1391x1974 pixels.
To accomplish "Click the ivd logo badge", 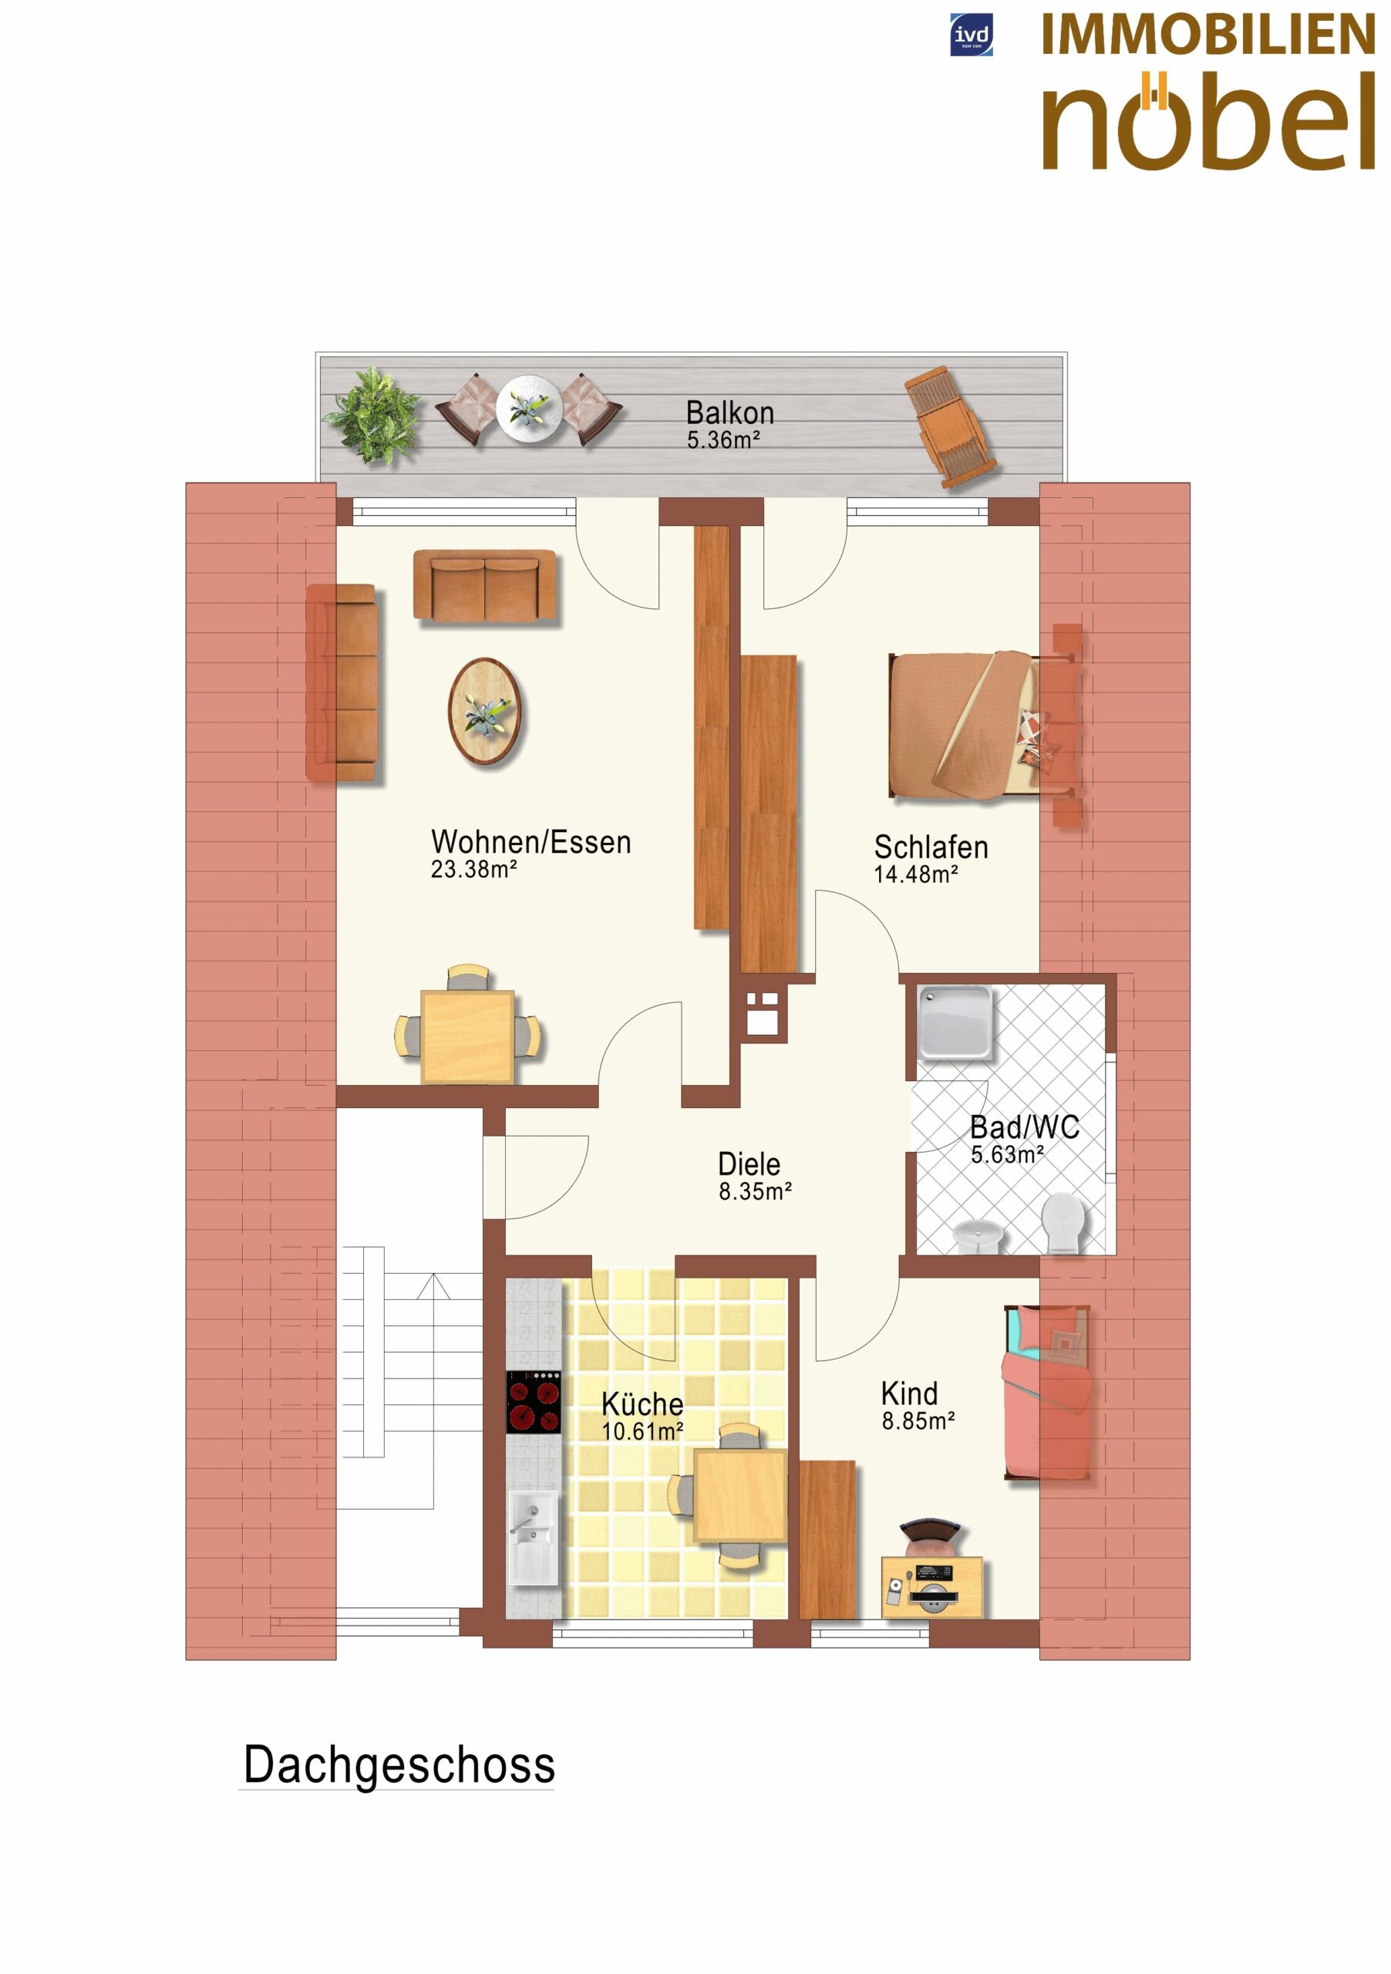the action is (x=972, y=35).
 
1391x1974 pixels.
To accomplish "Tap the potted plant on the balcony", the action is (x=372, y=417).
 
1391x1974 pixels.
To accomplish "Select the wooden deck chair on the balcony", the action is (x=951, y=428).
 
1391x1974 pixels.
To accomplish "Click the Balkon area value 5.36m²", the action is (x=723, y=440).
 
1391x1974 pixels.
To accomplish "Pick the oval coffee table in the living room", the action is (x=485, y=711).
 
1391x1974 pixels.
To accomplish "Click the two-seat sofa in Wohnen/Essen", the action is (x=486, y=585).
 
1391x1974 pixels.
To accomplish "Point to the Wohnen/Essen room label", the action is (x=531, y=842).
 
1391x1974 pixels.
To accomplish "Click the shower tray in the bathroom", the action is (x=955, y=1022).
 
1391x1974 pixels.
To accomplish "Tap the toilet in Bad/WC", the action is (x=1063, y=1223).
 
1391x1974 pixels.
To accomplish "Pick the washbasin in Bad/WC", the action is (x=978, y=1235).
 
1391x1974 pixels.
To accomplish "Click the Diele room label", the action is (x=749, y=1164).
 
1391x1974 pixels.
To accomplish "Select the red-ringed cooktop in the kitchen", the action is (x=533, y=1403).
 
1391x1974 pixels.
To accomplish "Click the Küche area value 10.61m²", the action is (x=642, y=1431).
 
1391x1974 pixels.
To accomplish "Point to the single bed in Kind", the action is (x=1048, y=1393).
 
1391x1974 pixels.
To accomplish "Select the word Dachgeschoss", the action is (x=399, y=1766).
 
